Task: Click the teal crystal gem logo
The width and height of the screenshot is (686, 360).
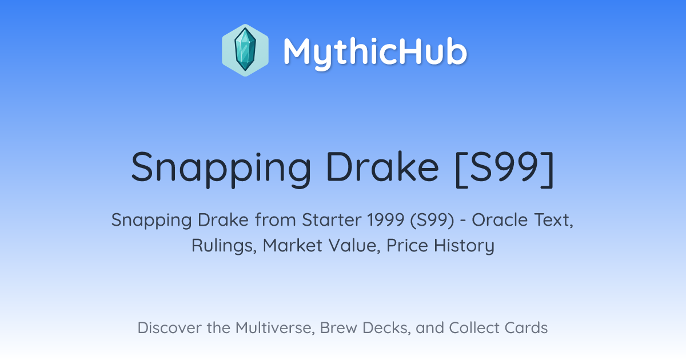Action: point(245,50)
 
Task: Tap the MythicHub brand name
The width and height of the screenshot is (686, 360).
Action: point(375,52)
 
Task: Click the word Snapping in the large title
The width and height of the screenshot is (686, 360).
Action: point(221,169)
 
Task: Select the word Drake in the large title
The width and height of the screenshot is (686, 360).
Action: point(383,166)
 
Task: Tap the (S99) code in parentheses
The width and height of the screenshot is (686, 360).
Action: point(432,221)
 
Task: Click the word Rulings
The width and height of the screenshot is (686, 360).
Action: point(224,246)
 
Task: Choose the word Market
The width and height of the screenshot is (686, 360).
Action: point(293,246)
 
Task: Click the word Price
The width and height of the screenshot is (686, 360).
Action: point(407,246)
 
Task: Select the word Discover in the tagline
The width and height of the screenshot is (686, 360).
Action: point(169,328)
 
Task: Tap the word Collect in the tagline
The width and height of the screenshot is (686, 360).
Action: point(474,328)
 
